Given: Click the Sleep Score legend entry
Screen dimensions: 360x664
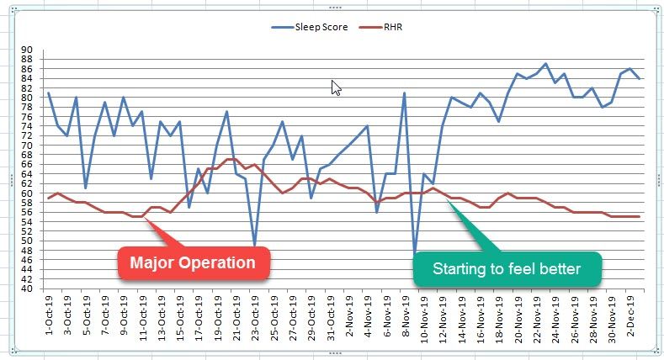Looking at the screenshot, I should coord(309,27).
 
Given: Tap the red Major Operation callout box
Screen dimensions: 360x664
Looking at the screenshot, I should coord(193,263).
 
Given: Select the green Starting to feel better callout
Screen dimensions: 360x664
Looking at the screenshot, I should coord(507,268).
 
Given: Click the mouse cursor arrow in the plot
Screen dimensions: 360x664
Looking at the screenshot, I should coord(336,87).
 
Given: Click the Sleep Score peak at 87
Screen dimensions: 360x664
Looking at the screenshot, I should coord(545,64).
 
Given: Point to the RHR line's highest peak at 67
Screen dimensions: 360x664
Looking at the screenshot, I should coord(231,159).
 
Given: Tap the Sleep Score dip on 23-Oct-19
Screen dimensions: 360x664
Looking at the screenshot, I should coord(255,246).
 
